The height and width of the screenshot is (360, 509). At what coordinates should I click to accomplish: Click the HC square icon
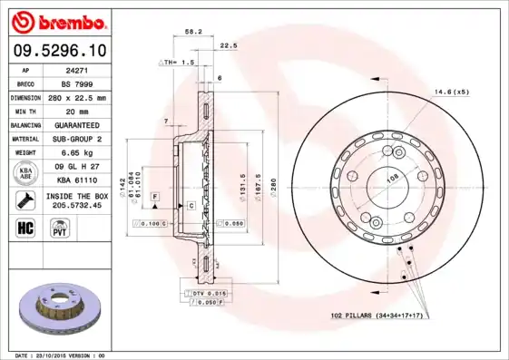[25, 226]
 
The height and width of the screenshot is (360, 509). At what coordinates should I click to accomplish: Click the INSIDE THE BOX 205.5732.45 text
[77, 200]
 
